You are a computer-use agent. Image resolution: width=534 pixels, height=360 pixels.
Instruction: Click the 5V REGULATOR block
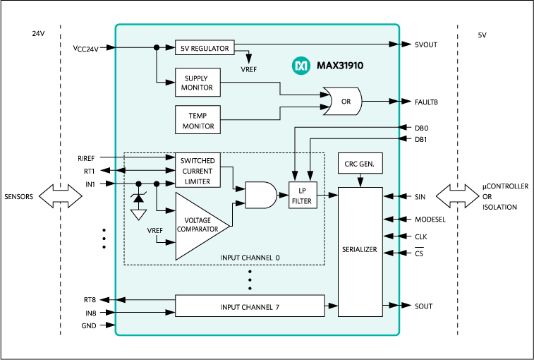[x=205, y=49]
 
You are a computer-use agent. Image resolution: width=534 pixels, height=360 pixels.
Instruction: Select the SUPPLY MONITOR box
[x=197, y=82]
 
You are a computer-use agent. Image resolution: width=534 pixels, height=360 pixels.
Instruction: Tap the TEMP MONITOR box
[x=197, y=118]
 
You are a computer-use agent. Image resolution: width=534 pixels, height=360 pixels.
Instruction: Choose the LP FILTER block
[x=303, y=195]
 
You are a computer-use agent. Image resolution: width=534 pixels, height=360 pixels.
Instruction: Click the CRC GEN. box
[x=360, y=164]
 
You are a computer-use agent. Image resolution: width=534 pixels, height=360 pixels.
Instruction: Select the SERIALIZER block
[x=360, y=251]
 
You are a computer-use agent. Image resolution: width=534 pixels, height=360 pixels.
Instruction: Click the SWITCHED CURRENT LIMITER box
[x=197, y=170]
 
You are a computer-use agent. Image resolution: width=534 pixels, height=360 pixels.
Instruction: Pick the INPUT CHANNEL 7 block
[x=250, y=306]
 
